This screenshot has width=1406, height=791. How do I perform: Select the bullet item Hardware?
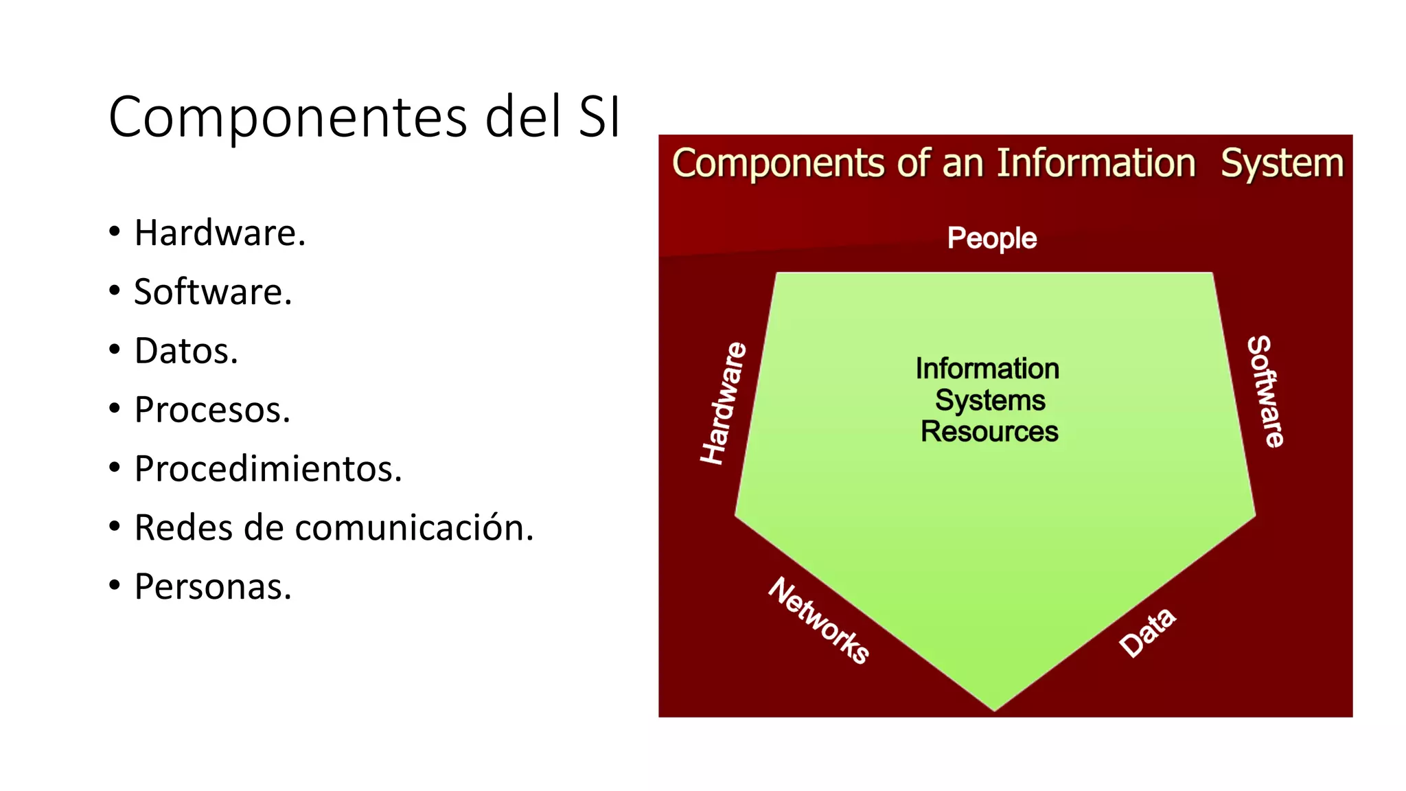pos(220,233)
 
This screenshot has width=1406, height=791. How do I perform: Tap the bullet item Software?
pos(213,292)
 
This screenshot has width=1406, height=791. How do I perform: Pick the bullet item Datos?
pos(186,351)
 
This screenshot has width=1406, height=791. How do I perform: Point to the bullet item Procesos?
pos(212,410)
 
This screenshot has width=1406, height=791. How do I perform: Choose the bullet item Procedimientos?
pos(268,469)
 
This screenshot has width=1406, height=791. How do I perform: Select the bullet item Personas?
pos(213,587)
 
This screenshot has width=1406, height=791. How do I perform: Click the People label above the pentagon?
pos(991,238)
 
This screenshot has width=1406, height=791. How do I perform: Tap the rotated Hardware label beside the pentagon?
pos(723,403)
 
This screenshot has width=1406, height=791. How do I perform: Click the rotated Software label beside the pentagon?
pos(1265,391)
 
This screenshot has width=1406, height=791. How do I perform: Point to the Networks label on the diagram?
pos(819,620)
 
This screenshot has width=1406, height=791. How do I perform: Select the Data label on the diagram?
pos(1147,632)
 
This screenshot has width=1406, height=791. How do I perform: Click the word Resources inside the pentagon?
pos(989,432)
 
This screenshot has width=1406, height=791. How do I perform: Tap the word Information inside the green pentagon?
pos(987,369)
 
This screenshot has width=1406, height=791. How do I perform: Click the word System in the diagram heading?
pos(1282,163)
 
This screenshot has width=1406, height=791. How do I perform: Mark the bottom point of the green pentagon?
pos(994,709)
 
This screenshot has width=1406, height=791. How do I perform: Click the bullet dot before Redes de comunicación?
pos(115,527)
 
